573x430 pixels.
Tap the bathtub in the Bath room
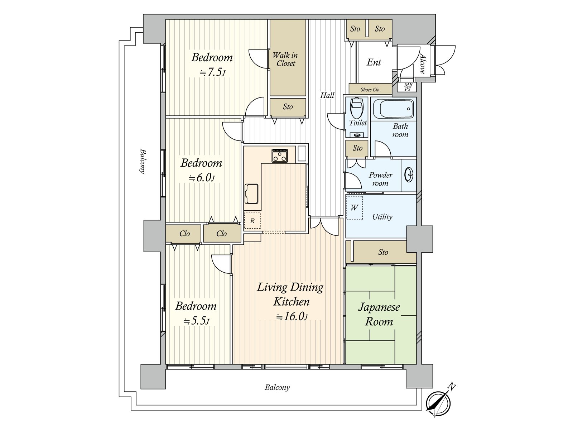393,109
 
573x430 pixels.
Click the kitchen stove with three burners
279,156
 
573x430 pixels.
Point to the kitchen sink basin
251,194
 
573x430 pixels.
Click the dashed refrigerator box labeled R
252,221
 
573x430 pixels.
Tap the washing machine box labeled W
354,207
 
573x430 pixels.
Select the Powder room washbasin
409,175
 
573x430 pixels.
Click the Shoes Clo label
370,90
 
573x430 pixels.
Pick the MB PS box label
408,87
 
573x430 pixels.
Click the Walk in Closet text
285,59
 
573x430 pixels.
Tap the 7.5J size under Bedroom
212,73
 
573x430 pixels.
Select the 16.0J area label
292,316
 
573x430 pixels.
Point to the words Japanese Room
379,314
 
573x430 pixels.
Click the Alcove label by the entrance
423,63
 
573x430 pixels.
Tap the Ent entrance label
374,62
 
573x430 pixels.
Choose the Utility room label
382,217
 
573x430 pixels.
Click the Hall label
327,95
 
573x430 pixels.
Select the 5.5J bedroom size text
196,321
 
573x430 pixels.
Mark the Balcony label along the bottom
277,387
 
